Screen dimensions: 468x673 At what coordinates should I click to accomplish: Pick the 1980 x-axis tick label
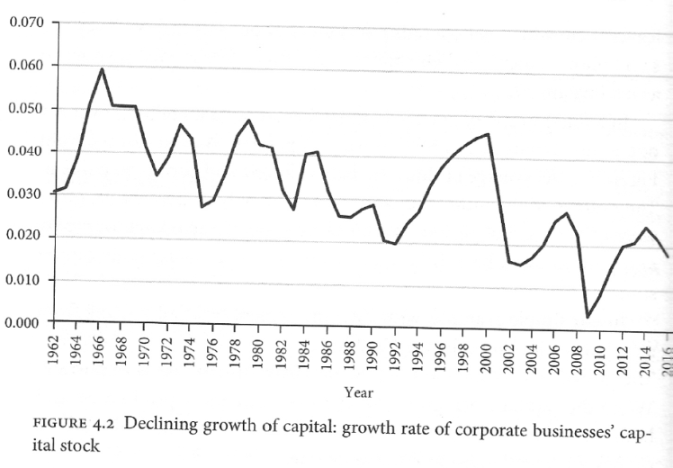(x=258, y=350)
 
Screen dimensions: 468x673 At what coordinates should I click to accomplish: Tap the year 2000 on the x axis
(x=486, y=350)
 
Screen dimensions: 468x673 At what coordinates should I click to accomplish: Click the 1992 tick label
(x=394, y=350)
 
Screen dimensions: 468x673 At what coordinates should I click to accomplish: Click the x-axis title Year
(x=359, y=391)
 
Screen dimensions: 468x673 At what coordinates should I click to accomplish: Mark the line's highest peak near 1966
(x=103, y=68)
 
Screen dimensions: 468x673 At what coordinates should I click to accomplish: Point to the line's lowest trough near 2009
(x=588, y=317)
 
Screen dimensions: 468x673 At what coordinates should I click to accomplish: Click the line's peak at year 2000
(x=488, y=133)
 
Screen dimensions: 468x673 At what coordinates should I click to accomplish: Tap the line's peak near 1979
(x=248, y=120)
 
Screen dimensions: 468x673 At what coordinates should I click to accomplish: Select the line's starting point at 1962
(x=55, y=191)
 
